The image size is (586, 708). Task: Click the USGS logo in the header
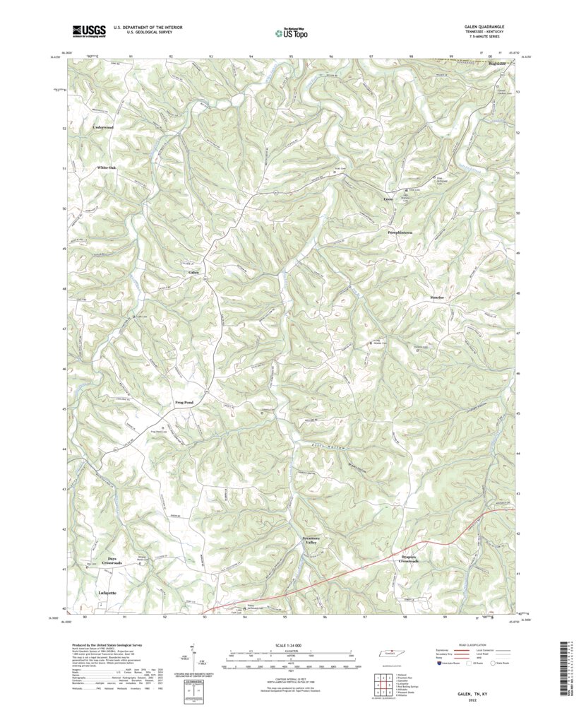pyautogui.click(x=88, y=30)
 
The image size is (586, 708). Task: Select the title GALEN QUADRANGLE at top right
pyautogui.click(x=484, y=27)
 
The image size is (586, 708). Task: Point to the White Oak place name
pyautogui.click(x=107, y=167)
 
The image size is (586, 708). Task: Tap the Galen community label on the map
pyautogui.click(x=193, y=272)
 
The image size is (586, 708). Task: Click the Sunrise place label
pyautogui.click(x=437, y=297)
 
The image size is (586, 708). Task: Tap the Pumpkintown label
pyautogui.click(x=400, y=232)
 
